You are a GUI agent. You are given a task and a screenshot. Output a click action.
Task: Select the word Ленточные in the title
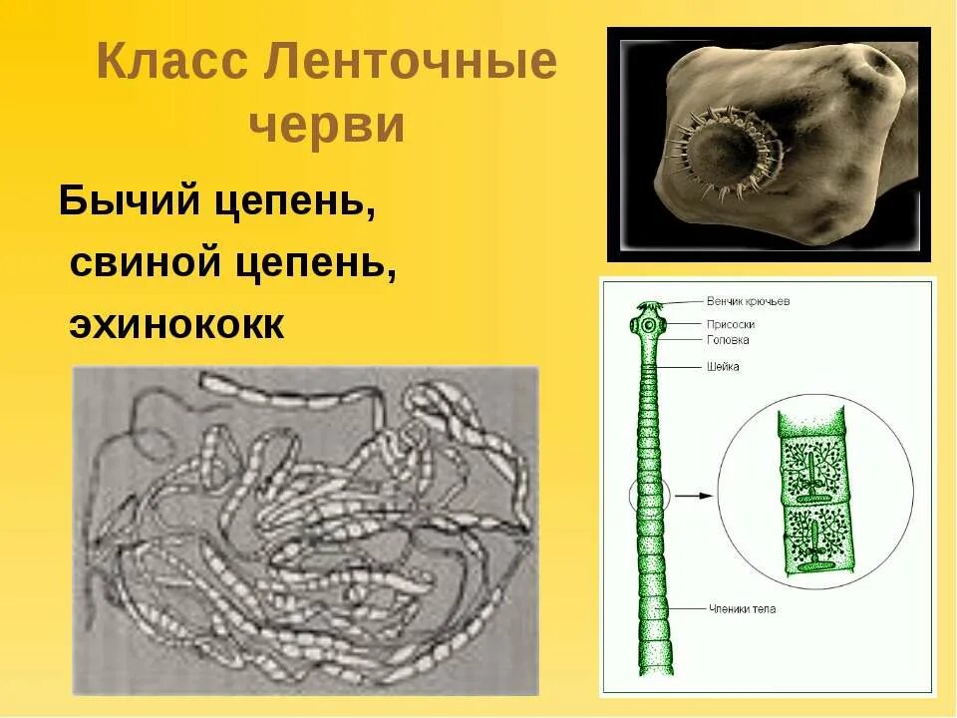tap(411, 64)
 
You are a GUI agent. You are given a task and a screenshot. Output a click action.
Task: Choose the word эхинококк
tap(176, 325)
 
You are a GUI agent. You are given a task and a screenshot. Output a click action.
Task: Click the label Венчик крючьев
tap(748, 301)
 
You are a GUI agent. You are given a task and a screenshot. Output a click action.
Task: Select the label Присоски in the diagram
tap(730, 324)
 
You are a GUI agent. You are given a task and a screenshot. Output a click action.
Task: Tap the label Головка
tap(728, 340)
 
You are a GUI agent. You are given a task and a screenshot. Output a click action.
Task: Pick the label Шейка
tap(723, 367)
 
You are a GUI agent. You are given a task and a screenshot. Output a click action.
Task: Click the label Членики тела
tap(742, 608)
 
